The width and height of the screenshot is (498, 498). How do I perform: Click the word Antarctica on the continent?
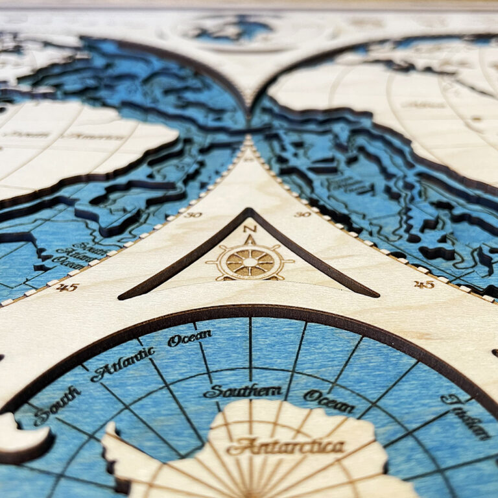click(285, 446)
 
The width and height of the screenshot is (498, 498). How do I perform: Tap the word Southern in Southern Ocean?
click(243, 391)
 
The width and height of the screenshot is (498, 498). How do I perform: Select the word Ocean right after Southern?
click(329, 401)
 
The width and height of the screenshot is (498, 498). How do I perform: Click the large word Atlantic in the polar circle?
click(123, 364)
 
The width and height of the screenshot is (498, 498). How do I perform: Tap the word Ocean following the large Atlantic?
click(189, 338)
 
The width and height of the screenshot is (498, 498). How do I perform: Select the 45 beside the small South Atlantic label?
click(67, 287)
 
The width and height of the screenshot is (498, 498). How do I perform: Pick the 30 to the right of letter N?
click(302, 214)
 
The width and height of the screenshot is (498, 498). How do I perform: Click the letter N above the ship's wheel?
click(250, 229)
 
